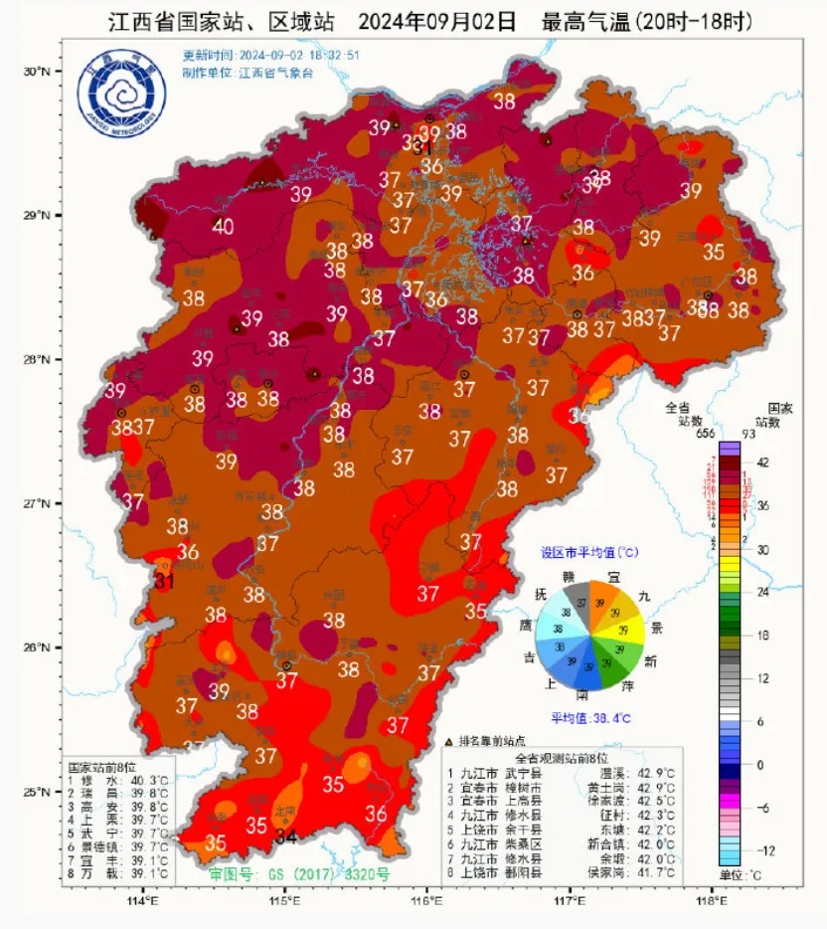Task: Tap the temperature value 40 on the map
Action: tap(223, 227)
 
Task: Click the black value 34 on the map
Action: tap(286, 837)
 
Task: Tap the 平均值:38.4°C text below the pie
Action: tap(590, 718)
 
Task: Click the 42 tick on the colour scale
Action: tap(763, 463)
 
